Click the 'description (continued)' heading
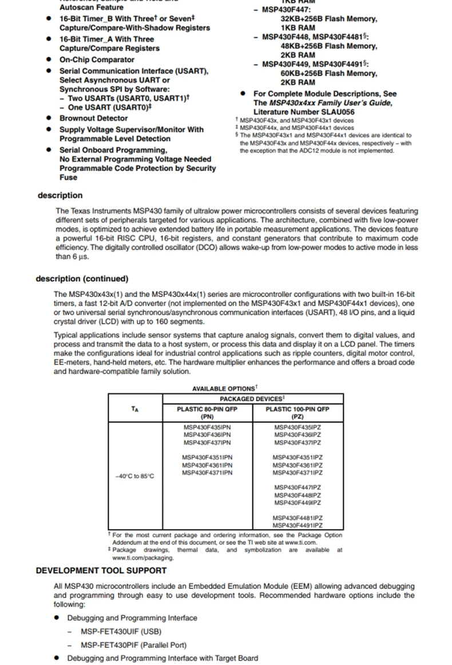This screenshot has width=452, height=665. pos(82,279)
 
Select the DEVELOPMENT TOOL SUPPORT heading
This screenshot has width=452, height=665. pos(101,571)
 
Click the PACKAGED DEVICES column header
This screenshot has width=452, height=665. pos(252,399)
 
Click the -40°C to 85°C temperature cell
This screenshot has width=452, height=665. pos(135,476)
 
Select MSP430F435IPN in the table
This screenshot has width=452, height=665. pos(207,427)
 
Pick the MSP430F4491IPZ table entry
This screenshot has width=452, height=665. pos(298,525)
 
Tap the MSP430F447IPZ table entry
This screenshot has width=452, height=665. pos(298,488)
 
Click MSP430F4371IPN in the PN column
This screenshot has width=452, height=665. pos(207,473)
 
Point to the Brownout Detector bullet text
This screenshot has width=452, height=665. pos(94,118)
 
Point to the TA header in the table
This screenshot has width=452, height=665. pos(135,409)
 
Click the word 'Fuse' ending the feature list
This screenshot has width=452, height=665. pos(68,177)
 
